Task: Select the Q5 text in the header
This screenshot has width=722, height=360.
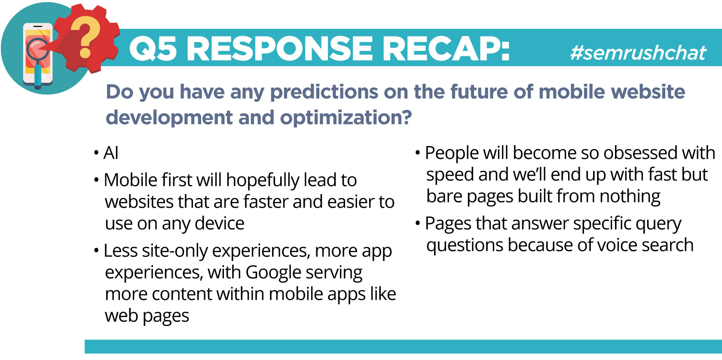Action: pos(153,49)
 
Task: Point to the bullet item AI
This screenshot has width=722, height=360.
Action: pos(111,153)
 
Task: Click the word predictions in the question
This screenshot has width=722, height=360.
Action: pos(324,92)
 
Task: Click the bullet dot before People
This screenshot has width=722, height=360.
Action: pos(418,153)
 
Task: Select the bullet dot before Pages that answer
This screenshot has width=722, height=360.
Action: pos(418,223)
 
